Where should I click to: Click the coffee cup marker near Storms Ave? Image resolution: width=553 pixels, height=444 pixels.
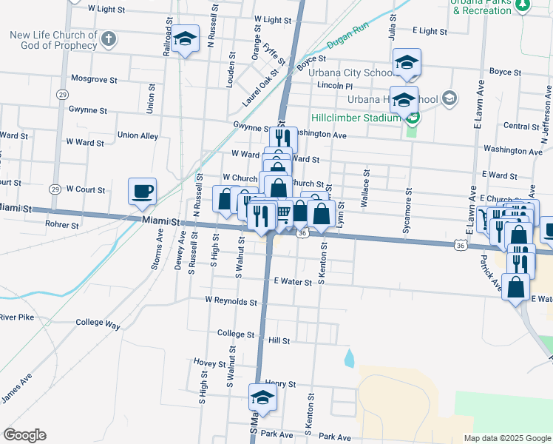coord(143,191)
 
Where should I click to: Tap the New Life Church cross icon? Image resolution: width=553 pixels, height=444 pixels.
coord(109,38)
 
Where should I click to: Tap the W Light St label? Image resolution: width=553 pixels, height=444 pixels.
coord(106,9)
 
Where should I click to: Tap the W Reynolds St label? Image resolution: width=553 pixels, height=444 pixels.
coord(231,302)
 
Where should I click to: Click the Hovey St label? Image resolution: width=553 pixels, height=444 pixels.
coord(209,364)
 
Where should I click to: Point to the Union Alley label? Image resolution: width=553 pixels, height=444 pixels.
coord(138,136)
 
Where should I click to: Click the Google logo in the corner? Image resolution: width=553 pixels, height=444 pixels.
coord(24,435)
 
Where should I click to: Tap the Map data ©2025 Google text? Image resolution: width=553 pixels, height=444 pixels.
coord(506,438)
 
